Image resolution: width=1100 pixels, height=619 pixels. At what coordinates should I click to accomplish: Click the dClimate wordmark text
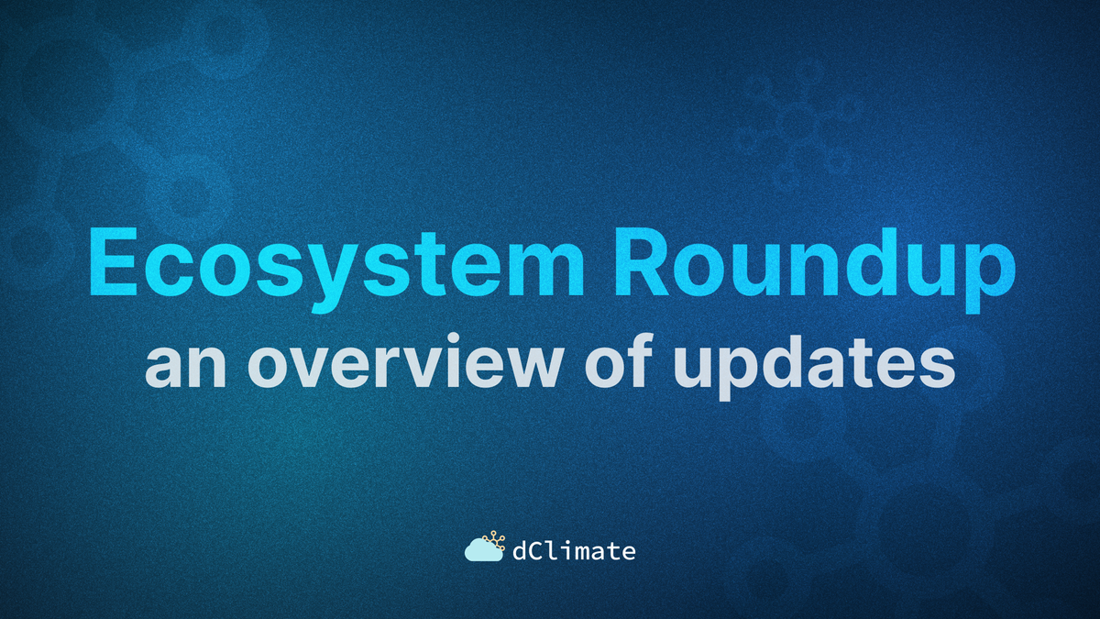point(574,551)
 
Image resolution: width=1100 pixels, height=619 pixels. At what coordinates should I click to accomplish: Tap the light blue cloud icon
point(483,551)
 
